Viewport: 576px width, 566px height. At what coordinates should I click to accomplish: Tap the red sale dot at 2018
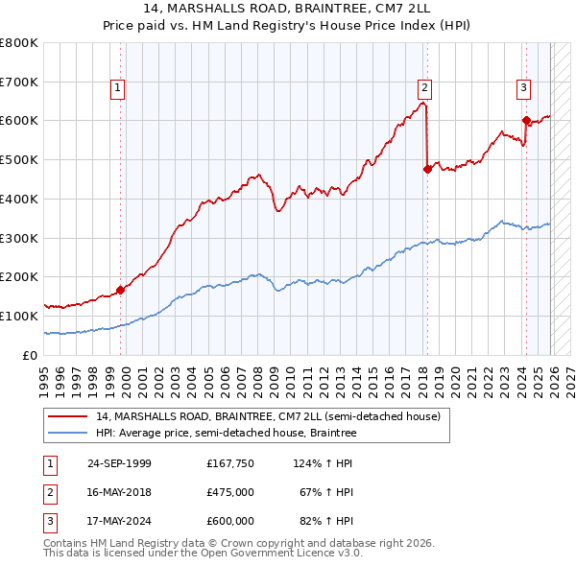click(427, 169)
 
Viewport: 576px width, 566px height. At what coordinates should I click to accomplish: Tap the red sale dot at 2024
click(525, 120)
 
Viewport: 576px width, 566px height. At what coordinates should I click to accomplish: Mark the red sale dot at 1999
click(120, 289)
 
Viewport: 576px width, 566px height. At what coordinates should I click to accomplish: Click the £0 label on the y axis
click(29, 355)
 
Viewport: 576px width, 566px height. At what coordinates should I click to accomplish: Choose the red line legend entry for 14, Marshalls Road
click(268, 416)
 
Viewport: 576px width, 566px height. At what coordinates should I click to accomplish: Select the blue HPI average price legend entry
click(226, 434)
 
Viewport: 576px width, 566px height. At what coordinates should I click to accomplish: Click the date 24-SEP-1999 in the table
click(118, 463)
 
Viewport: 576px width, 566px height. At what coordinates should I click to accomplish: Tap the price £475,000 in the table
click(230, 492)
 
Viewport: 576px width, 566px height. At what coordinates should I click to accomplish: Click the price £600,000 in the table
click(230, 521)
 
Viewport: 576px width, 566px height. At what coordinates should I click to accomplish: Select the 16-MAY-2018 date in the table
click(118, 492)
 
